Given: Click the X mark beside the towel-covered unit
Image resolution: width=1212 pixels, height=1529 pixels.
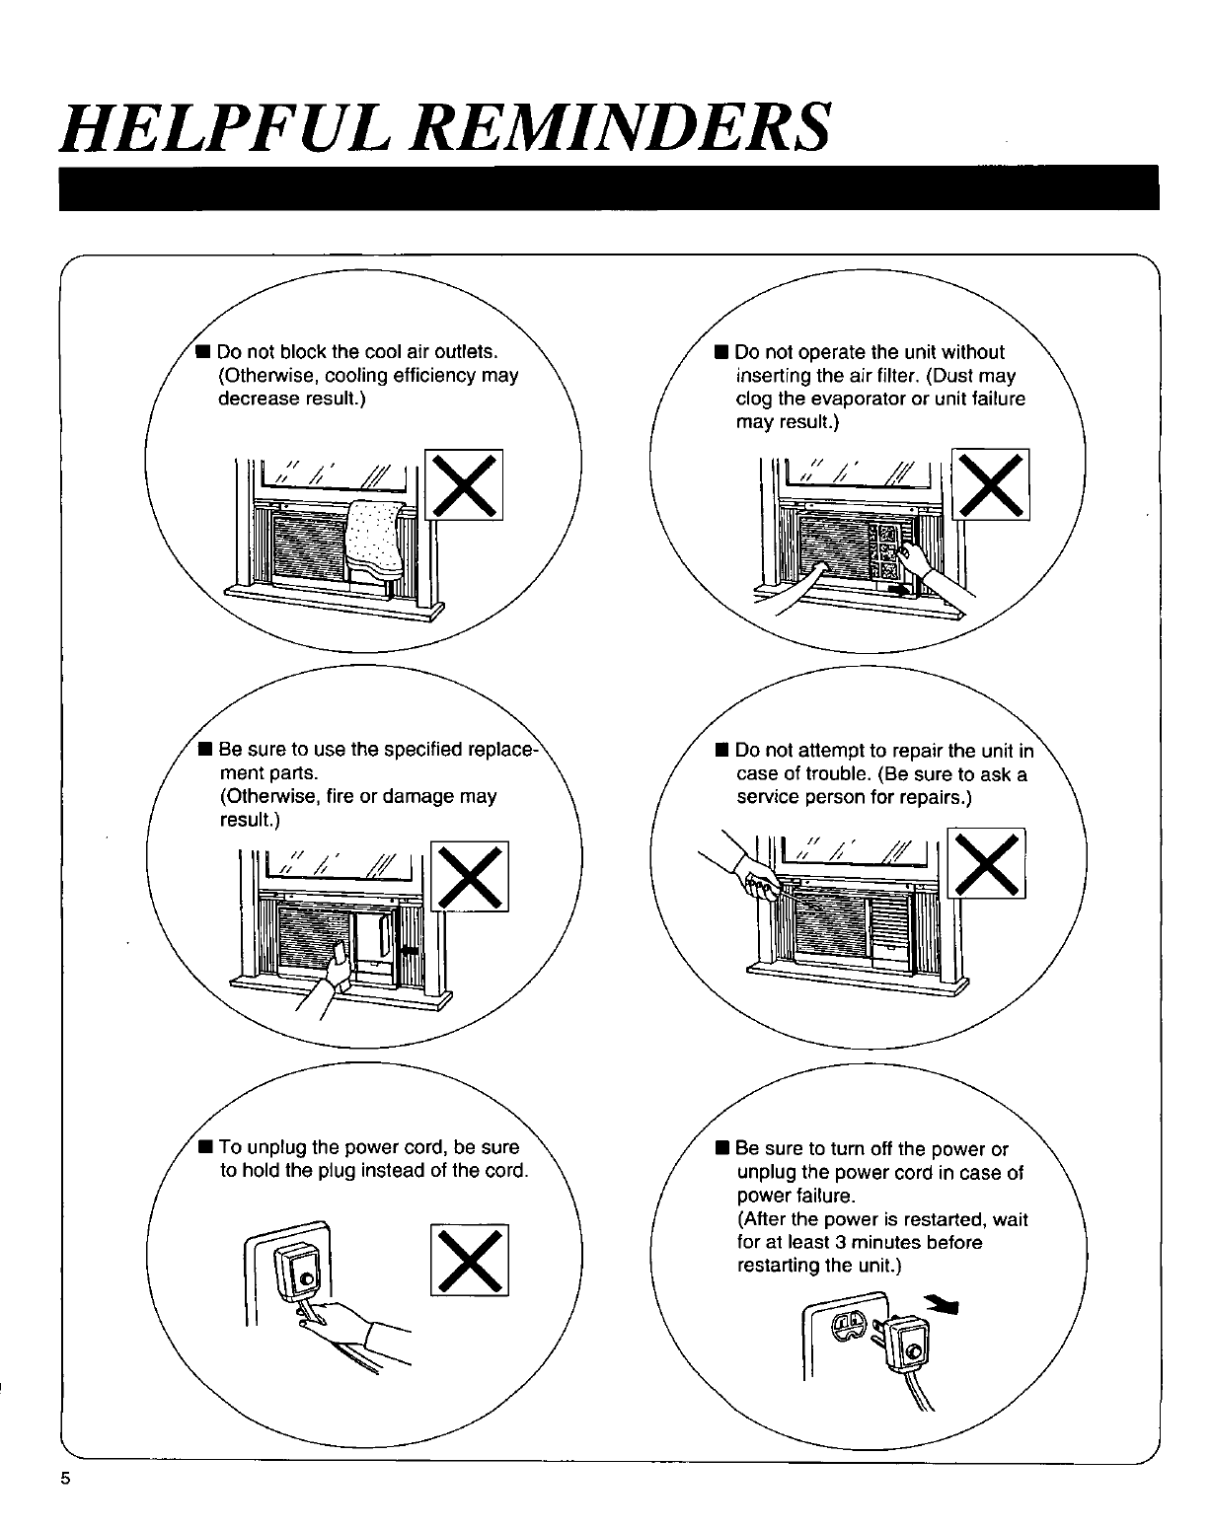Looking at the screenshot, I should [465, 483].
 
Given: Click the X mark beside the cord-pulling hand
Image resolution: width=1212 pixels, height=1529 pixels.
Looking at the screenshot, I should [470, 1259].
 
